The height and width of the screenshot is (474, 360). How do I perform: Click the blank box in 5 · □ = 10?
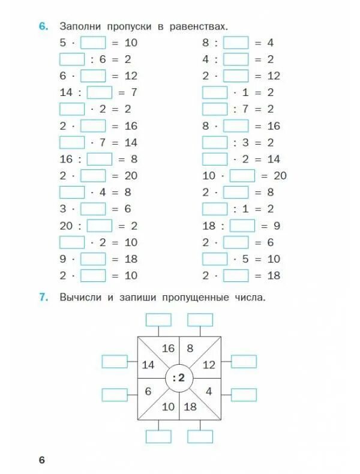[x=92, y=43]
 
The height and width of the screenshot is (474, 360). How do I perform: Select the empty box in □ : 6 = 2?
[x=72, y=59]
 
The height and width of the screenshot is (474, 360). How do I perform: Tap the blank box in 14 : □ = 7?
[x=100, y=92]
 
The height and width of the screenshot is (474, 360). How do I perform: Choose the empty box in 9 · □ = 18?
[x=92, y=259]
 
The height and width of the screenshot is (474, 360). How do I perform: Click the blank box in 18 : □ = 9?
[x=242, y=226]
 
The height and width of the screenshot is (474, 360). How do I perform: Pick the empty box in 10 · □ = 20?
[x=242, y=176]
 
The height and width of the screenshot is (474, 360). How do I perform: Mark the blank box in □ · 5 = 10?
[x=215, y=259]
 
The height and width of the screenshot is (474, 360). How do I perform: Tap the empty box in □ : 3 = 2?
[x=215, y=142]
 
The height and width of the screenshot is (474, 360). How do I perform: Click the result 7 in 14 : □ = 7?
[x=134, y=92]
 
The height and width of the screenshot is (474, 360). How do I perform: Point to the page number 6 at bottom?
[x=42, y=460]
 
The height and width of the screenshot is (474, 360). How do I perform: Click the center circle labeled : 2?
[x=178, y=377]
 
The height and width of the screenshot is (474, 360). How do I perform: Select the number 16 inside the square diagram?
[x=168, y=348]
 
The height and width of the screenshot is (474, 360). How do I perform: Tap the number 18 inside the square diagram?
[x=190, y=406]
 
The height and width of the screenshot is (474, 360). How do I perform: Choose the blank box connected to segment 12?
[x=244, y=361]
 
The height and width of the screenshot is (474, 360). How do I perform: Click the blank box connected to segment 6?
[x=115, y=395]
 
